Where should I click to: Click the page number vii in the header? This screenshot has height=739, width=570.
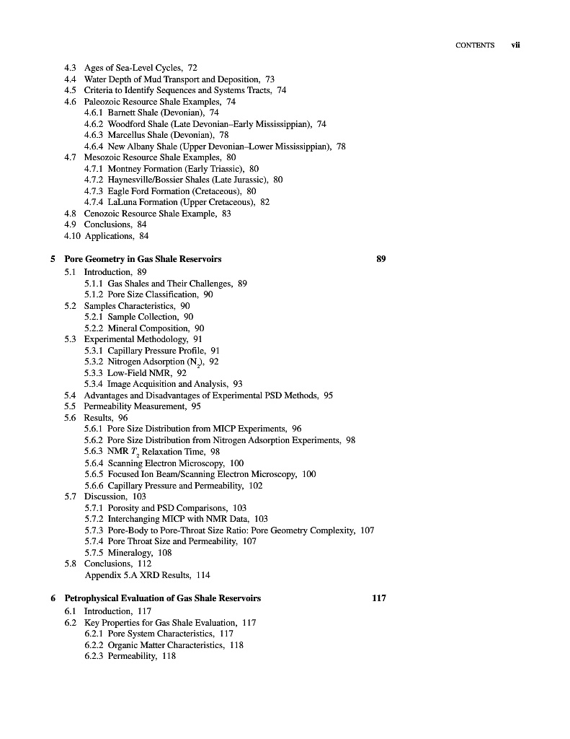pos(515,45)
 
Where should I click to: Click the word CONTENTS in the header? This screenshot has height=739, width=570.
pos(475,45)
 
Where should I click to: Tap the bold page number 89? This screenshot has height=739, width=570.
pos(382,259)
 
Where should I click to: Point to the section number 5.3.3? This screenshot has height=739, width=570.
pos(94,373)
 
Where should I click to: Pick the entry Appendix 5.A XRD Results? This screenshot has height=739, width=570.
pos(136,575)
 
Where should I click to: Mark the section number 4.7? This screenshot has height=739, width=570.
pos(71,157)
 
